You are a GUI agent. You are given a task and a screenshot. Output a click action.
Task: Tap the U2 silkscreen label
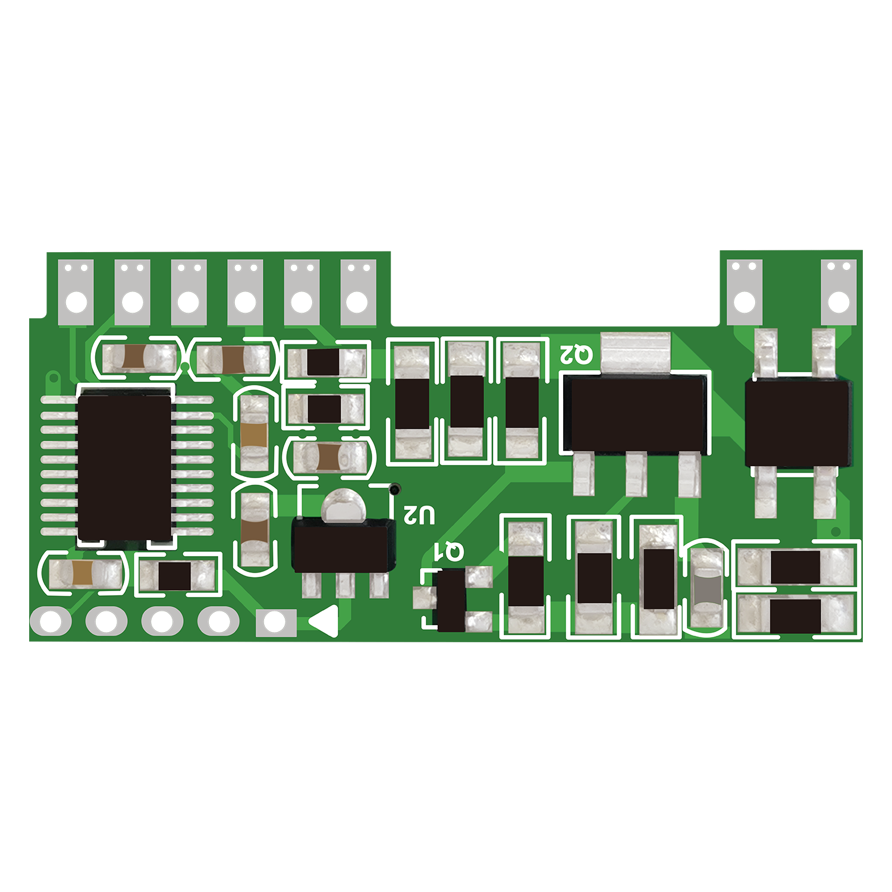(419, 514)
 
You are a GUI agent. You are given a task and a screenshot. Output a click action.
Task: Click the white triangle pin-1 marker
(325, 622)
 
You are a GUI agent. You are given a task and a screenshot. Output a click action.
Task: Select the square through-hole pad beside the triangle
(275, 623)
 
